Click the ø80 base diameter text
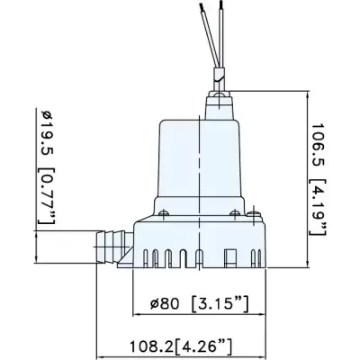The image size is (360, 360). [x=168, y=303]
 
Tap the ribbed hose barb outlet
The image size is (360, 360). [x=110, y=242]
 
